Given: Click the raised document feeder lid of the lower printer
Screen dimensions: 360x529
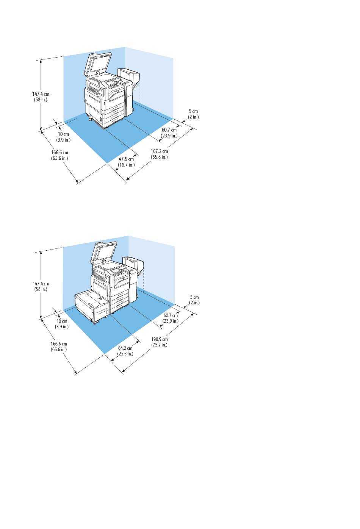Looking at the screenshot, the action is (102, 252).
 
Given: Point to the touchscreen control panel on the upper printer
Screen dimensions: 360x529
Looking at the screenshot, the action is (111, 81).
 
